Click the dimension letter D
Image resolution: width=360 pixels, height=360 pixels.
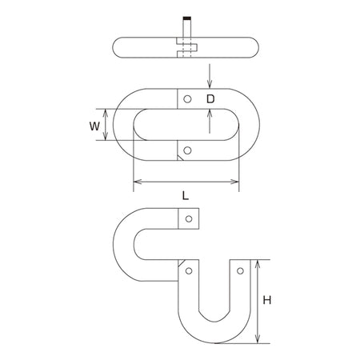210,99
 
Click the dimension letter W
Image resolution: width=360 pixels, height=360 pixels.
94,126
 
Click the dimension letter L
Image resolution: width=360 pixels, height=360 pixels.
186,196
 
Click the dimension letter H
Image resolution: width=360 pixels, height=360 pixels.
267,300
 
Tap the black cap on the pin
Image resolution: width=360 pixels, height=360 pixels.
187,18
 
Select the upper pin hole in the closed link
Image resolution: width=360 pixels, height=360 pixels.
187,99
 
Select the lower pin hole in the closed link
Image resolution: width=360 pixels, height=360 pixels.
187,150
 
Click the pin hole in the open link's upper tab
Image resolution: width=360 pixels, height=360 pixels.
189,219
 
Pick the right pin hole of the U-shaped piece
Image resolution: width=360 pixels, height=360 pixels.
240,271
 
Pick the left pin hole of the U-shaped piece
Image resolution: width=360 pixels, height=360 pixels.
189,271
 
